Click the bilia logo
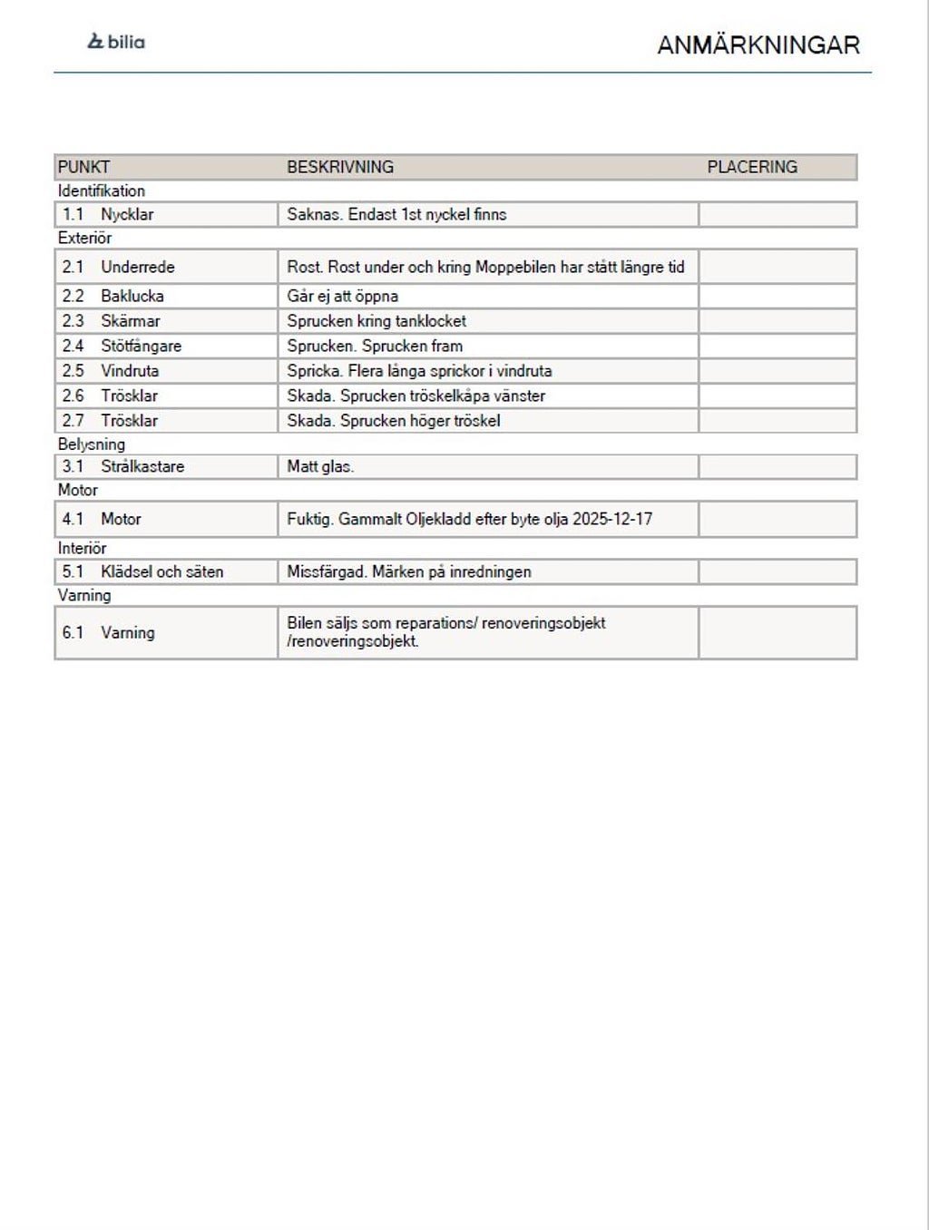tap(116, 42)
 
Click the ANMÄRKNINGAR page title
tap(758, 45)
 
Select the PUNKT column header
tap(83, 167)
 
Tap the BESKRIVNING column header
tap(340, 167)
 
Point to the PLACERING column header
tap(752, 167)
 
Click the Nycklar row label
tap(127, 215)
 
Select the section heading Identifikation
tap(102, 190)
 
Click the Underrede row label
tap(138, 267)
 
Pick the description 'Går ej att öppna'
tap(342, 296)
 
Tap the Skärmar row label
tap(131, 321)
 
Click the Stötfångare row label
tap(141, 346)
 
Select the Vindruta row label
tap(130, 371)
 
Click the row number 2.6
tap(73, 395)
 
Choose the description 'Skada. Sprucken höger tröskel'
tap(393, 421)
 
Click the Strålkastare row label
tap(142, 466)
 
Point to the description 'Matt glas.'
tap(320, 466)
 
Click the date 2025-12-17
tap(612, 519)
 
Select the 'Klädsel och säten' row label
tap(161, 571)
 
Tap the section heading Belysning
tap(92, 444)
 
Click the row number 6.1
tap(73, 632)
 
